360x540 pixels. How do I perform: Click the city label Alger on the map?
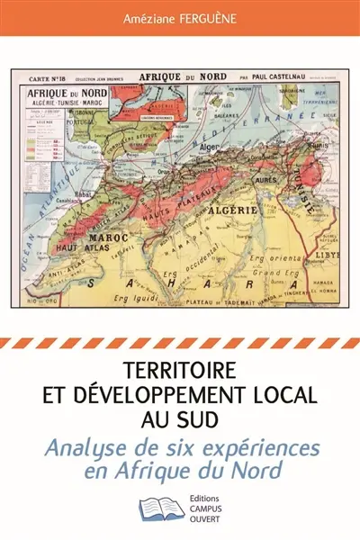(x=212, y=146)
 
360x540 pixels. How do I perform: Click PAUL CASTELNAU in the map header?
(x=281, y=77)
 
